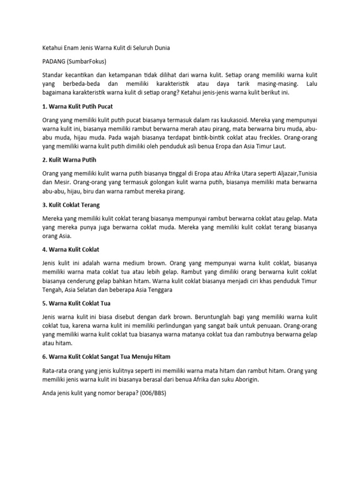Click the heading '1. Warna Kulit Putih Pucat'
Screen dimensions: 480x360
point(77,106)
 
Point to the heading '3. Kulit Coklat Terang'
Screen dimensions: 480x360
point(71,205)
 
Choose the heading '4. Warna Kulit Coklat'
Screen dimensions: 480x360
point(71,249)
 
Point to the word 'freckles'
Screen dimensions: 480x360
point(260,137)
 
